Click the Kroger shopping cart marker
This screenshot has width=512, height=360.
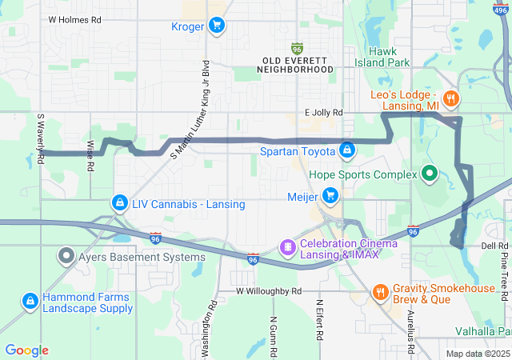[x=216, y=26]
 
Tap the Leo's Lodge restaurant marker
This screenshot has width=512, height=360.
[x=452, y=99]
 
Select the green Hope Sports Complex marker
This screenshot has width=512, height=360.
[x=429, y=174]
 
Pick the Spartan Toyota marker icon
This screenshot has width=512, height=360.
[x=347, y=150]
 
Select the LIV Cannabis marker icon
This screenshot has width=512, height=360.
[x=119, y=204]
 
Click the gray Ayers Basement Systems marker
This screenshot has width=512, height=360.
[x=65, y=257]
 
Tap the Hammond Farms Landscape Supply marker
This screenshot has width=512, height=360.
[x=29, y=302]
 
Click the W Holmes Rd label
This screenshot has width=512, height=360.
[x=74, y=18]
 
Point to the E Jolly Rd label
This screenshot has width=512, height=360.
[x=323, y=113]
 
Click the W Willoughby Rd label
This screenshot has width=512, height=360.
[x=268, y=291]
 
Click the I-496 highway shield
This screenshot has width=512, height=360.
[x=498, y=7]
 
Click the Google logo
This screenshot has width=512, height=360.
[x=26, y=350]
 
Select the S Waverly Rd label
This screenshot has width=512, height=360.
[x=39, y=138]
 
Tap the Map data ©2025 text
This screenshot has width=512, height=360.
[x=477, y=354]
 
